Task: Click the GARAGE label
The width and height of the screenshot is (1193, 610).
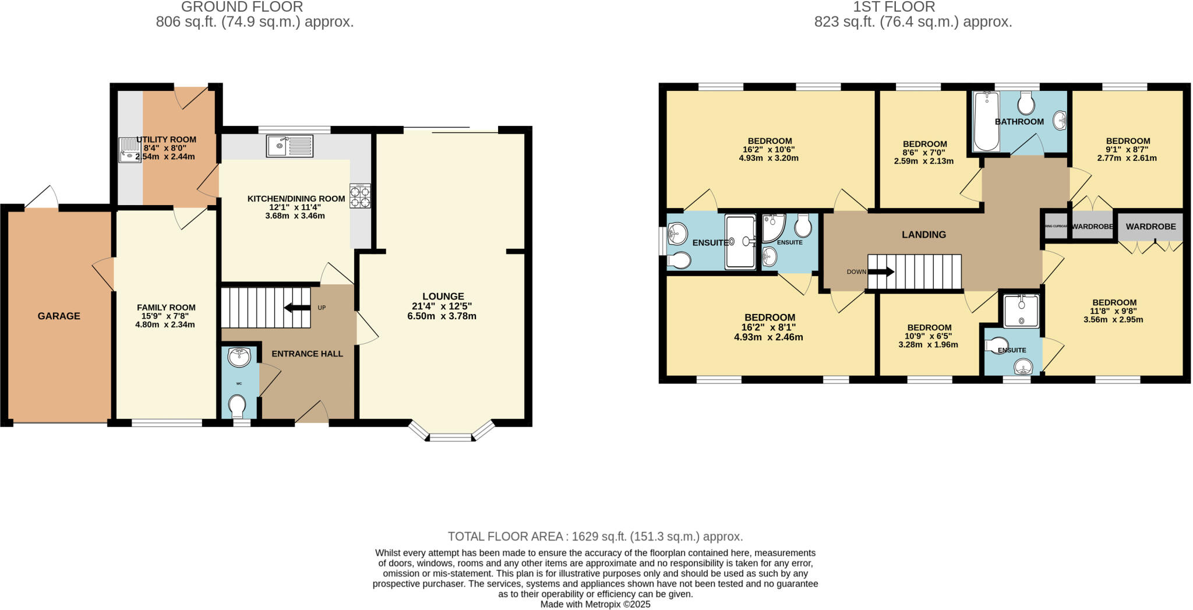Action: point(59,316)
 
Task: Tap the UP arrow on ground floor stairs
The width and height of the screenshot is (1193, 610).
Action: point(297,308)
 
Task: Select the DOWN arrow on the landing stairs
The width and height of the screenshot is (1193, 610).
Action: point(881,272)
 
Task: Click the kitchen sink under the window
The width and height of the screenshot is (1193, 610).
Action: point(290,145)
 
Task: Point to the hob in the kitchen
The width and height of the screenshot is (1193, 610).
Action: point(360,196)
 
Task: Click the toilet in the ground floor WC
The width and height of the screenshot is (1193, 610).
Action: point(237,406)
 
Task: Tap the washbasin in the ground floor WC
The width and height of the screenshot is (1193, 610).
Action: point(239,357)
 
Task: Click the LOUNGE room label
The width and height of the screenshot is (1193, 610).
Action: point(443,296)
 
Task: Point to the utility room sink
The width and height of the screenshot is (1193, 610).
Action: point(129,150)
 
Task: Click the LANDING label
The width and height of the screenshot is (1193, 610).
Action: point(924,234)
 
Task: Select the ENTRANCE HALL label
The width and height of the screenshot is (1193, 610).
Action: point(307,354)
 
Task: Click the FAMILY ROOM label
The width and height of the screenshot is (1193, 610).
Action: point(166,307)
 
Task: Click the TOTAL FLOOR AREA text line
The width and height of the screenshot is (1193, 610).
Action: point(595,536)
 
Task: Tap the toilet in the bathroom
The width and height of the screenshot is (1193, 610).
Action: point(1026,105)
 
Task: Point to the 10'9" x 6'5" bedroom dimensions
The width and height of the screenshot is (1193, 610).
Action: point(929,336)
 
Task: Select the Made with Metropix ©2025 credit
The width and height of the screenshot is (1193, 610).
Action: point(595,604)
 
